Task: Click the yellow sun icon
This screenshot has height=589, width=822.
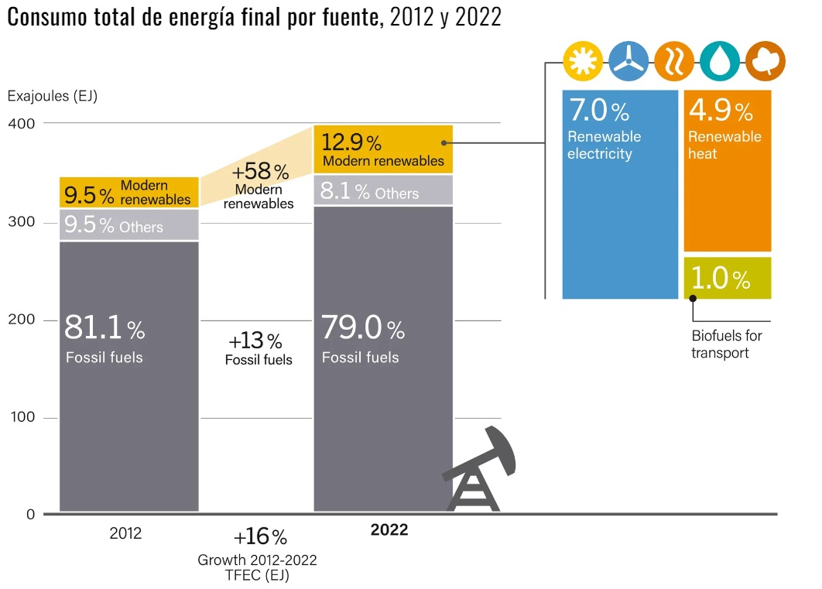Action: [583, 61]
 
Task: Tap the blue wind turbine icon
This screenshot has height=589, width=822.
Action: [628, 61]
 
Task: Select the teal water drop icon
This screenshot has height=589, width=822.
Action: [720, 61]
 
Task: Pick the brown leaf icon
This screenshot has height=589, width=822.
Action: [766, 61]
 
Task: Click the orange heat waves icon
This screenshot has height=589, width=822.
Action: [674, 61]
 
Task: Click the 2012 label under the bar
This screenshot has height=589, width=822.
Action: [125, 533]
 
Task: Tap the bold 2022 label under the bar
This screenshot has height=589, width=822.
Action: [389, 531]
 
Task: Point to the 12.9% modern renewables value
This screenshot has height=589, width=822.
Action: [351, 142]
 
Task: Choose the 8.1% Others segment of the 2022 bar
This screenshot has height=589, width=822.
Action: [383, 191]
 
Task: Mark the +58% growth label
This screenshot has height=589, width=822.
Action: [260, 171]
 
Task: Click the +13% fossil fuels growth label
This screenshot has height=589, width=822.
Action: [255, 341]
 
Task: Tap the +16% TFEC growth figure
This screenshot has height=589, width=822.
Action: [260, 537]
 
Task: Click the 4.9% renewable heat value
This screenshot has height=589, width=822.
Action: [720, 111]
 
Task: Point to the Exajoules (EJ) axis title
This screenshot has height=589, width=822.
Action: [52, 96]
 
